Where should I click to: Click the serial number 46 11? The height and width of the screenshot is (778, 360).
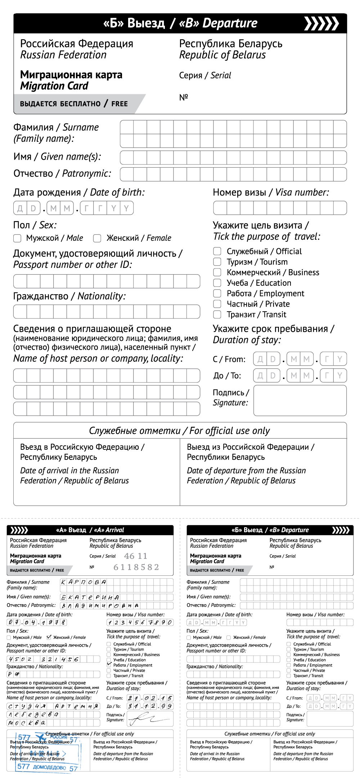pyautogui.click(x=135, y=556)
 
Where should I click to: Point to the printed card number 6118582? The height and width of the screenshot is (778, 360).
pyautogui.click(x=136, y=567)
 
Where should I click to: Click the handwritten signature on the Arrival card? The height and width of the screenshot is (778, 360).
pyautogui.click(x=146, y=719)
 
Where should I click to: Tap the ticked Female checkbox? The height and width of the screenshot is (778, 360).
pyautogui.click(x=49, y=637)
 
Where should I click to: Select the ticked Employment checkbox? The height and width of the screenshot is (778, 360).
pyautogui.click(x=109, y=665)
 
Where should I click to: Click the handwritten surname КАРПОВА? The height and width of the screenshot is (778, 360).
pyautogui.click(x=84, y=582)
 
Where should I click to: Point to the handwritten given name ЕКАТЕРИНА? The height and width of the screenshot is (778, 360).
pyautogui.click(x=90, y=597)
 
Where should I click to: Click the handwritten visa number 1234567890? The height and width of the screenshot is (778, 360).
pyautogui.click(x=140, y=622)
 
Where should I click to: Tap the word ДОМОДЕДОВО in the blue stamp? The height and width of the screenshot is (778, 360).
pyautogui.click(x=49, y=767)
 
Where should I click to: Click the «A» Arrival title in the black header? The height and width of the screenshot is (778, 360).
pyautogui.click(x=90, y=530)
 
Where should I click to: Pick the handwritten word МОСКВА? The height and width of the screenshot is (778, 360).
pyautogui.click(x=27, y=723)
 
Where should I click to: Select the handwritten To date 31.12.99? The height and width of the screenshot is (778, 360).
pyautogui.click(x=150, y=706)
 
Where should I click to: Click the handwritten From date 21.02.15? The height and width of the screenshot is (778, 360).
pyautogui.click(x=150, y=698)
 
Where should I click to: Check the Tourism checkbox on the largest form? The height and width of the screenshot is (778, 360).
pyautogui.click(x=217, y=262)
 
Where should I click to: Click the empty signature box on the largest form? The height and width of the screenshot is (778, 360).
pyautogui.click(x=300, y=401)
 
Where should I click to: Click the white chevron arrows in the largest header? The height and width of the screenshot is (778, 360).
pyautogui.click(x=321, y=23)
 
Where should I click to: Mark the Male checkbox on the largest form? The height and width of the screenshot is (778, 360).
pyautogui.click(x=17, y=238)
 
